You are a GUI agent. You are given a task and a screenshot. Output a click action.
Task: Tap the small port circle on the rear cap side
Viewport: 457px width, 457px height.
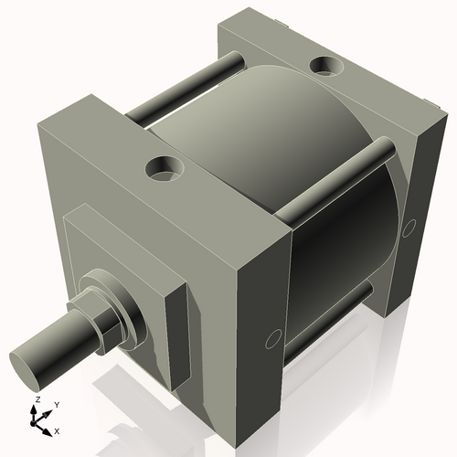pos(409,225)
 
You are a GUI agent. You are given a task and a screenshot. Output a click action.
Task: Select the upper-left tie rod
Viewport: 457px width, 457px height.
pos(183,91)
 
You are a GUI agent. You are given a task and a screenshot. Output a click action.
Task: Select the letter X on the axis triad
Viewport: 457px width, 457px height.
pos(57,430)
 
